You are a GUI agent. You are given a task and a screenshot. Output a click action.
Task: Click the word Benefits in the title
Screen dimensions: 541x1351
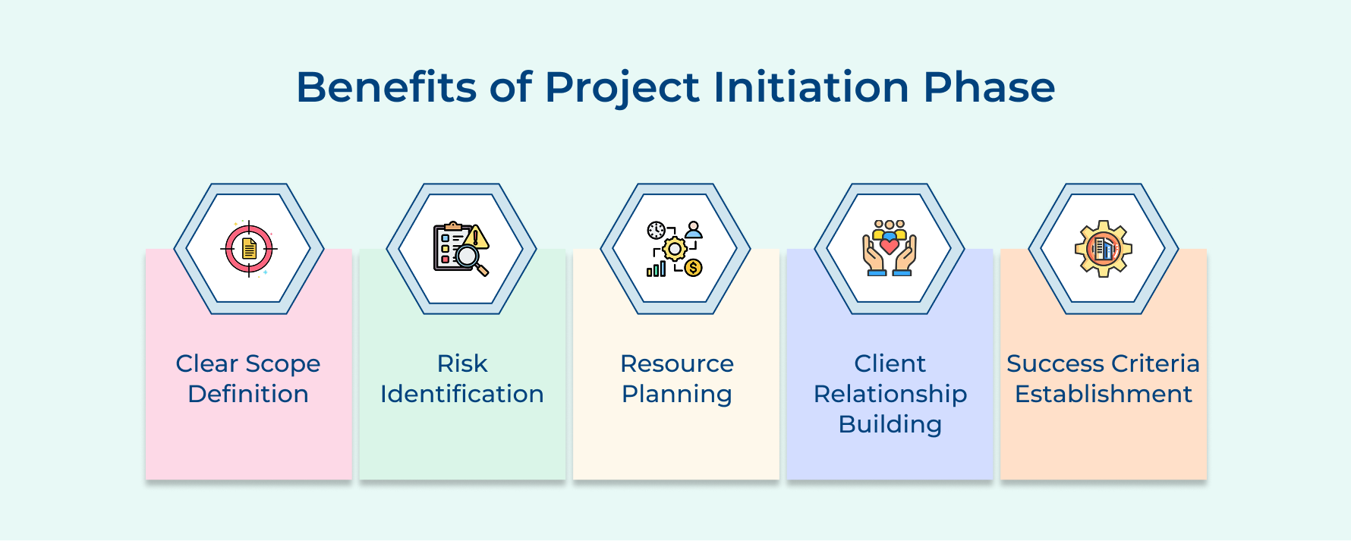pyautogui.click(x=386, y=87)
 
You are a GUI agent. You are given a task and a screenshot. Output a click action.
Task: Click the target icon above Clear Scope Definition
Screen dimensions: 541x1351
pyautogui.click(x=249, y=249)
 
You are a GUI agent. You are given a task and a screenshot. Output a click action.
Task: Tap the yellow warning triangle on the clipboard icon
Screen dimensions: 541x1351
pyautogui.click(x=477, y=237)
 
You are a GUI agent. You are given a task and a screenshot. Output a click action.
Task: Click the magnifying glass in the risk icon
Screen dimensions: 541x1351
pyautogui.click(x=468, y=258)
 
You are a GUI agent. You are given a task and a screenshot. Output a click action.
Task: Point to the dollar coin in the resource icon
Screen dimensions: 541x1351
pyautogui.click(x=693, y=268)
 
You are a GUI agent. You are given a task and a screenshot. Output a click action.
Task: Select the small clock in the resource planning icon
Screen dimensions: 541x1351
pyautogui.click(x=656, y=231)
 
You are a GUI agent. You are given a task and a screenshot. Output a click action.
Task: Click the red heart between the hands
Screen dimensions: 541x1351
pyautogui.click(x=890, y=247)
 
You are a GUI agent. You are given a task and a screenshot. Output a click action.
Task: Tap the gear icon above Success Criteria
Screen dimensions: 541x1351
pyautogui.click(x=1104, y=249)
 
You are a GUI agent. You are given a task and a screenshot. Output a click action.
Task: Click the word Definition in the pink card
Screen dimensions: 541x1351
pyautogui.click(x=248, y=394)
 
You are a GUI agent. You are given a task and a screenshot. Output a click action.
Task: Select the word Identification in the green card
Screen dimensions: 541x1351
pyautogui.click(x=462, y=394)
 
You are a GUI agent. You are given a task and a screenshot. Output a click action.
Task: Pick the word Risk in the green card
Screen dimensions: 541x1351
pyautogui.click(x=462, y=363)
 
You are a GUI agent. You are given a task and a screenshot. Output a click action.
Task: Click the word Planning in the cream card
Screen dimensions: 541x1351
pyautogui.click(x=676, y=395)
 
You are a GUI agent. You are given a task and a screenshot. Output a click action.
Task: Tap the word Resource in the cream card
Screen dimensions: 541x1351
pyautogui.click(x=676, y=363)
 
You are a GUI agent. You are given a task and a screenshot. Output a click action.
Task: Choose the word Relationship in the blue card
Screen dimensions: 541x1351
pyautogui.click(x=890, y=395)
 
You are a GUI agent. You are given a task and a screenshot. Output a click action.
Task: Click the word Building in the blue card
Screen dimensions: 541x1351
pyautogui.click(x=890, y=424)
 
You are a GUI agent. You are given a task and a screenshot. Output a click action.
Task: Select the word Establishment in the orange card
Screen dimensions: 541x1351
pyautogui.click(x=1104, y=394)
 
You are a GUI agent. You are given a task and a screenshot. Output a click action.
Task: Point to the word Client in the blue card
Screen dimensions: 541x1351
pyautogui.click(x=890, y=363)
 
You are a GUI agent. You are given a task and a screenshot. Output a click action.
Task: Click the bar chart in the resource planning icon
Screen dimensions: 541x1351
pyautogui.click(x=656, y=269)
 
